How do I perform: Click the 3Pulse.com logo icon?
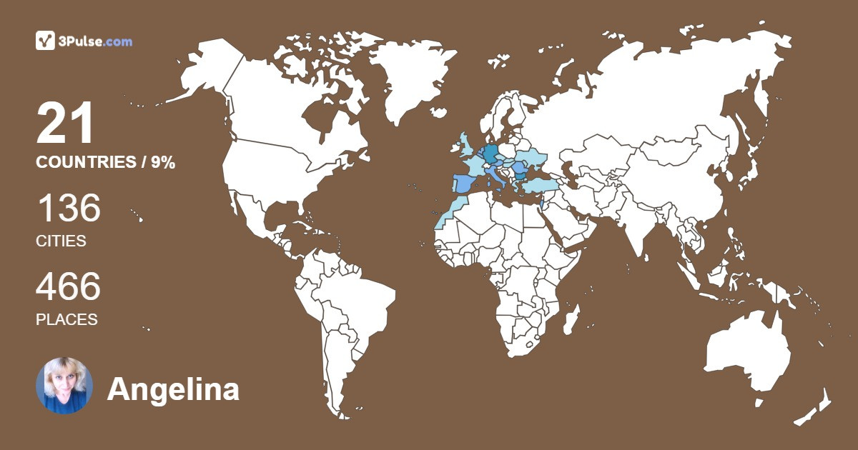[x=46, y=41]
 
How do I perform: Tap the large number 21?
[x=65, y=124]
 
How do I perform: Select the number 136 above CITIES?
[x=68, y=209]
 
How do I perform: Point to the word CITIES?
[x=61, y=241]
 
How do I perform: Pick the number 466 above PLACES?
[x=68, y=287]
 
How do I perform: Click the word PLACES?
[x=66, y=320]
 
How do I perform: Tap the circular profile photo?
[x=64, y=386]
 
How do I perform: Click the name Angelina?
[x=173, y=390]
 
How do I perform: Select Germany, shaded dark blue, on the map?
[x=490, y=154]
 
